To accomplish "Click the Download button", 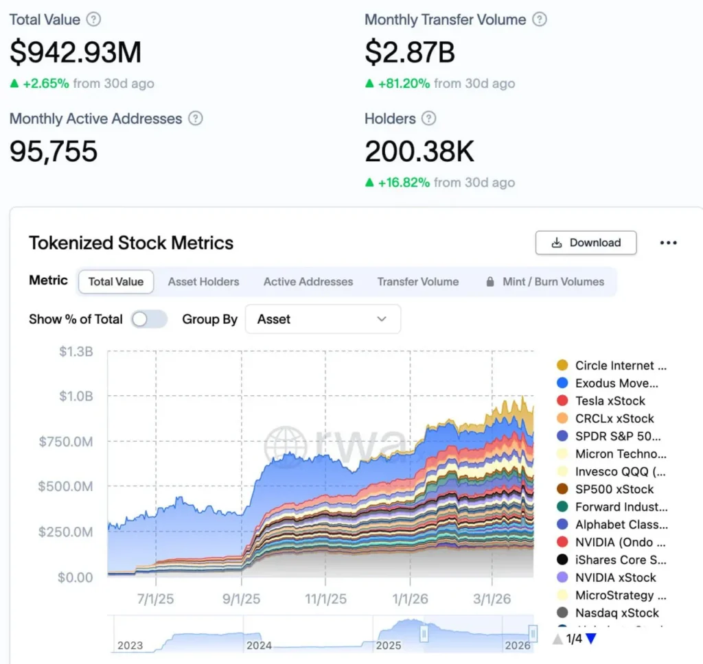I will (x=586, y=243).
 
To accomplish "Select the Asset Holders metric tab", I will (x=203, y=281).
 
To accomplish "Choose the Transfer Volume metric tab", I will (x=417, y=281).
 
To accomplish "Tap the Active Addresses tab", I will (x=308, y=281).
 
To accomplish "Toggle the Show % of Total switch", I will (x=149, y=319).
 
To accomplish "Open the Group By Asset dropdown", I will (x=323, y=319).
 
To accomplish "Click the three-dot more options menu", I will (x=668, y=243).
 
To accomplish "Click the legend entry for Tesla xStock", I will (x=610, y=401).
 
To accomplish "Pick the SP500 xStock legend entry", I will (x=614, y=489).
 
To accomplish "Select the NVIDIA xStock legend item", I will (x=615, y=578).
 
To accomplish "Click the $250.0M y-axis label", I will (x=66, y=532).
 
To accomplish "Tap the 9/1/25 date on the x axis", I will (x=241, y=599).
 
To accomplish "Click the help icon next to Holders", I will (x=428, y=119).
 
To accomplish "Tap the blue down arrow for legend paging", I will (x=590, y=639).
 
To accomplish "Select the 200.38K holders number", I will (x=419, y=152).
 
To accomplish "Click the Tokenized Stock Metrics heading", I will (x=131, y=243).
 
